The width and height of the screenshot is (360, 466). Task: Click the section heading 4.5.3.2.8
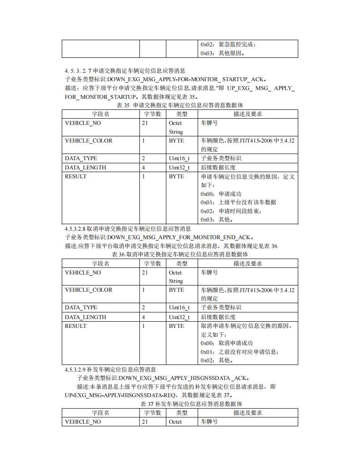pos(128,229)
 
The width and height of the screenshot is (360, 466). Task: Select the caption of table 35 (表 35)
pos(180,105)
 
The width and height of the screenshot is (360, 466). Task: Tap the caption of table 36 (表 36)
pos(180,255)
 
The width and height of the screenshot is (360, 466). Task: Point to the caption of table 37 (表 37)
pos(180,404)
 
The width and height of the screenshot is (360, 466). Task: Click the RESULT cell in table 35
pos(76,177)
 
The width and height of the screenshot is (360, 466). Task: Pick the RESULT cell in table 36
pos(76,326)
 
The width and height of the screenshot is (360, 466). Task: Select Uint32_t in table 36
pos(179,317)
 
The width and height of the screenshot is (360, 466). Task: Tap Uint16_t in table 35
pos(179,158)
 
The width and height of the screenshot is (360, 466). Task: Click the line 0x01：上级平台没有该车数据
pos(238,202)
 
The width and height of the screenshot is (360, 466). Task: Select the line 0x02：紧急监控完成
pos(228,44)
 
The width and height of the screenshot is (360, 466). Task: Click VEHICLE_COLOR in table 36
pos(89,290)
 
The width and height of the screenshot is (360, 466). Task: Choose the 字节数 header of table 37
pos(153,413)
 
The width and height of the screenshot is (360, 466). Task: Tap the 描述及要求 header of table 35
pos(247,114)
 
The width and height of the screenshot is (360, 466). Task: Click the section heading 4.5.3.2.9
pos(110,369)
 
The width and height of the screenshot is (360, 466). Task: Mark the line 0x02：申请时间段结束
pos(231,211)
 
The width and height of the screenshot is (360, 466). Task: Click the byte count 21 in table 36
pos(145,273)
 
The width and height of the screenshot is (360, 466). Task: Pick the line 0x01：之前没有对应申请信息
pos(240,352)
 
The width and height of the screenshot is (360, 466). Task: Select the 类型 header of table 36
pos(182,263)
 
